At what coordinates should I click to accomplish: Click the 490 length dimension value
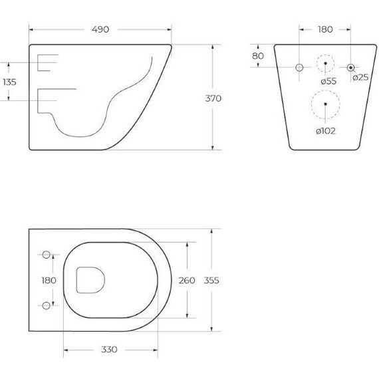point(99,30)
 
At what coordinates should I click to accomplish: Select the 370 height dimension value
point(213,98)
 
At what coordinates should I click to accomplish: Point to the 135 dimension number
point(9,82)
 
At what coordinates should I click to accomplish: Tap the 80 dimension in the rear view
point(258,56)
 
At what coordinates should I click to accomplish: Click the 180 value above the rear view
point(325,30)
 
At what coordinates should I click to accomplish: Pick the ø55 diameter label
point(327,80)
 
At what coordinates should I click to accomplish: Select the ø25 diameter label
point(360,78)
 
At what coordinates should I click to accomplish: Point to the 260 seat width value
point(188,280)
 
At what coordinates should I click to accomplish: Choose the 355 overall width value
point(211,280)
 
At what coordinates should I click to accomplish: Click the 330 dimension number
point(110,349)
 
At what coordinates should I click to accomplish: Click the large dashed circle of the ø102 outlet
point(325,104)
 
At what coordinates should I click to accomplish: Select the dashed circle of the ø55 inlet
point(325,64)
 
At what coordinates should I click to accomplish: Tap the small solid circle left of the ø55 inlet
point(299,68)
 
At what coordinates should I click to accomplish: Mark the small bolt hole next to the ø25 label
point(351,67)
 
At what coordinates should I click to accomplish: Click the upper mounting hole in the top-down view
point(47,255)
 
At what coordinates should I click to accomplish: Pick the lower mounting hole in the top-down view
point(47,305)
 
